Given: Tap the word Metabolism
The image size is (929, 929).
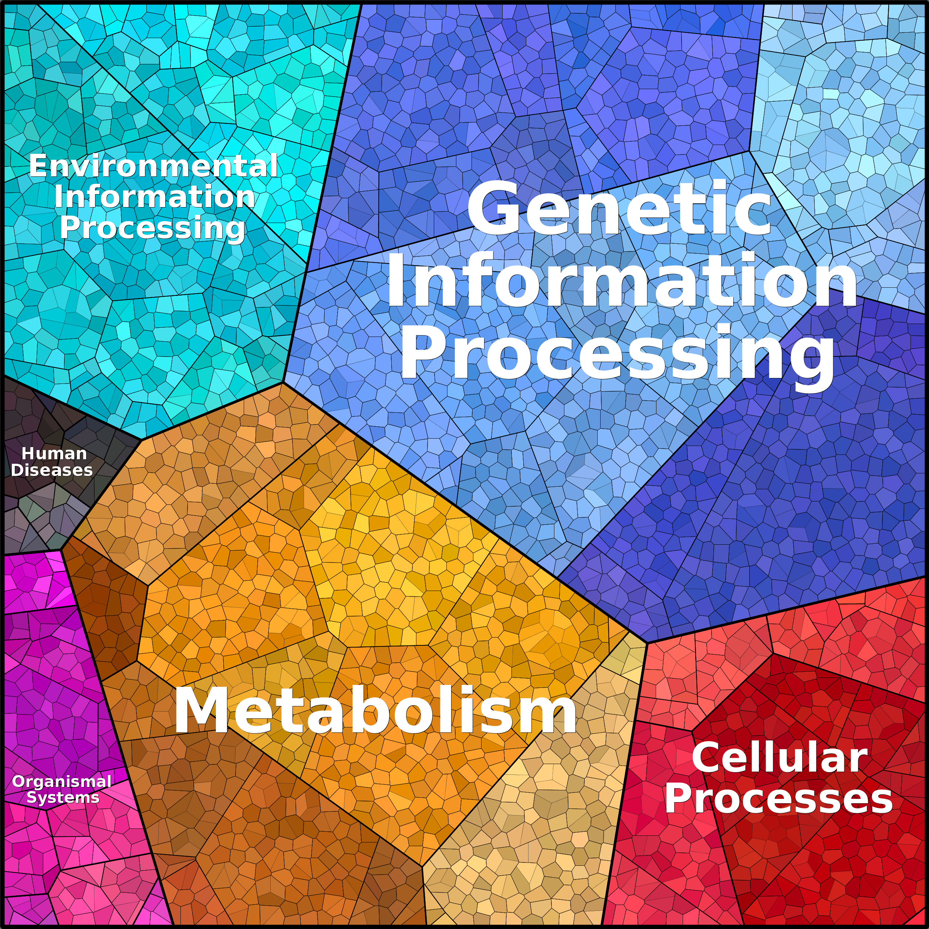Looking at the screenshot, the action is click(x=375, y=710).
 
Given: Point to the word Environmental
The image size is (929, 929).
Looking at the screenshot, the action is click(x=154, y=166).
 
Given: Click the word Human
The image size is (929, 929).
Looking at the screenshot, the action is click(x=54, y=453).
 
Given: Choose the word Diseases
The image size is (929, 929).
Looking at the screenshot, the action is click(x=52, y=470).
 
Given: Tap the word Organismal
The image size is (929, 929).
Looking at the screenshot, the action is click(x=62, y=781).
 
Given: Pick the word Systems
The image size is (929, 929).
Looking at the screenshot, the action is click(x=63, y=798).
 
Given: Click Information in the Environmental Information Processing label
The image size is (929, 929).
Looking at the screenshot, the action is click(x=154, y=197).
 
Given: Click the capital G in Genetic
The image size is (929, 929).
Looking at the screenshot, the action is click(x=491, y=208).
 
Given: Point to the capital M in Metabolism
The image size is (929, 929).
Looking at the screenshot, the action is click(x=202, y=710).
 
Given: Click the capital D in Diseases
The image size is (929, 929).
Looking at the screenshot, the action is click(x=18, y=470).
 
